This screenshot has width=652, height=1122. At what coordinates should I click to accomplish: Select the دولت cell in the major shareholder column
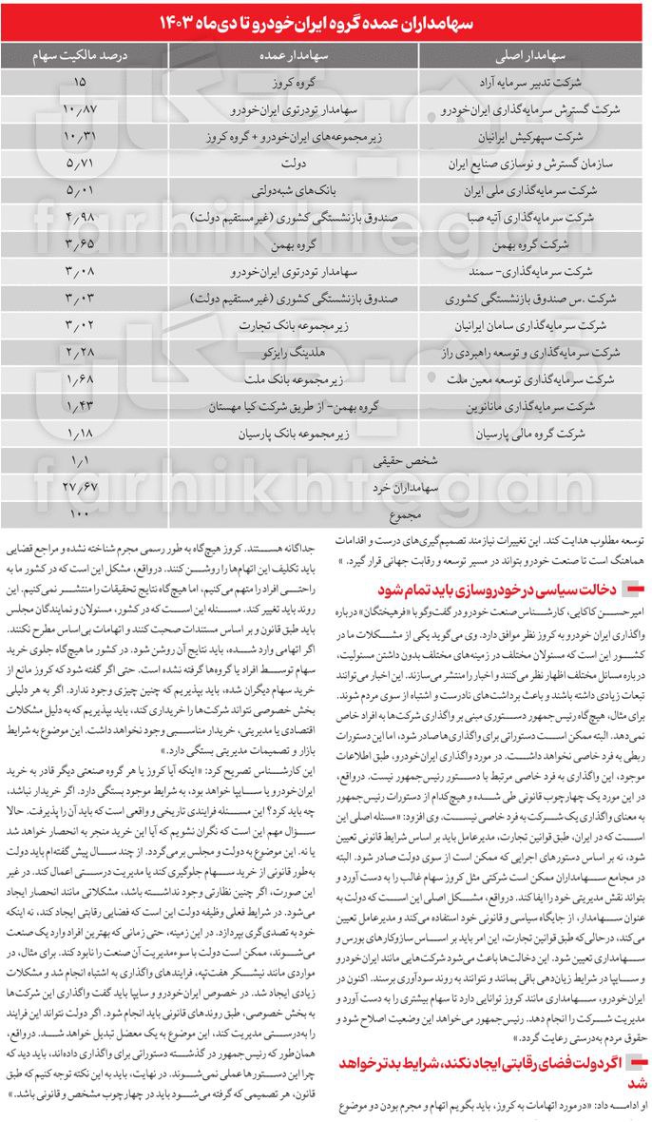click(290, 164)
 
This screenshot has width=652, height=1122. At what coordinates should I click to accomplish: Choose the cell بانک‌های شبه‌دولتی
click(290, 190)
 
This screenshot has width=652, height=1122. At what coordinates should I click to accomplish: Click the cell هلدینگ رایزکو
click(290, 352)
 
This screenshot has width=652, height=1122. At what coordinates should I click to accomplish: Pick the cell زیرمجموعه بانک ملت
click(290, 378)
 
